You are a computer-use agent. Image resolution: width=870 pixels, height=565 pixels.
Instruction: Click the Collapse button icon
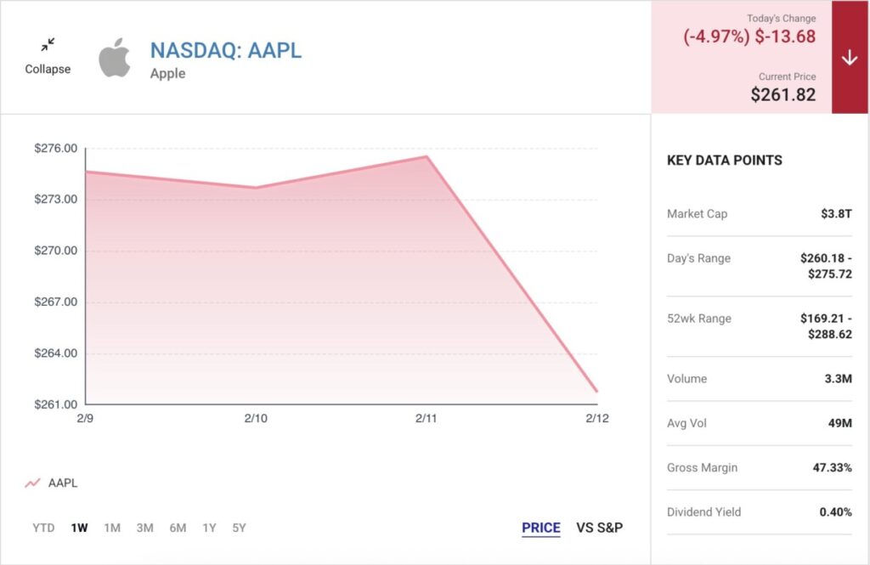click(x=48, y=43)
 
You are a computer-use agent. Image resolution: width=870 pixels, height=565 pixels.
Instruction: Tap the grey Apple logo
click(x=115, y=58)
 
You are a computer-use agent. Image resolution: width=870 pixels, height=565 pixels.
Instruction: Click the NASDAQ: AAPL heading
click(x=226, y=50)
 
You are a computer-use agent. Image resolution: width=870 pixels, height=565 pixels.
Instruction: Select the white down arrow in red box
click(x=850, y=58)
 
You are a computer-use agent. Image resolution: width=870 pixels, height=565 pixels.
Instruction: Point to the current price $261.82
click(x=782, y=94)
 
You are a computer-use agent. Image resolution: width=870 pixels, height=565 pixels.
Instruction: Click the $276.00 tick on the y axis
click(x=56, y=149)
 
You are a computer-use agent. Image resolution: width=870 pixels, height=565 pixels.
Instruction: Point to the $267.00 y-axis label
click(x=56, y=302)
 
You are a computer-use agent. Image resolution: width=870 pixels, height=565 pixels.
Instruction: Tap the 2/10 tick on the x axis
click(x=256, y=419)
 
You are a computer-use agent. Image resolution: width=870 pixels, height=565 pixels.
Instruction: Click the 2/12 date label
click(x=597, y=419)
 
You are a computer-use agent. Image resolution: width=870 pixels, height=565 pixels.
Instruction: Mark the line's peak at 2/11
click(x=427, y=156)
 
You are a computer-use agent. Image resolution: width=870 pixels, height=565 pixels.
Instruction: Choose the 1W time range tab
click(x=79, y=528)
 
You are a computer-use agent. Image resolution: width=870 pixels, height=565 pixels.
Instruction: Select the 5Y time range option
click(x=239, y=528)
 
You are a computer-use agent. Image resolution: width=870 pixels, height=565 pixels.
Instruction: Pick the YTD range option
click(x=43, y=528)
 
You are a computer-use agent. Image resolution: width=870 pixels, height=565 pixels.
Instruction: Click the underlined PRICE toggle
click(x=541, y=528)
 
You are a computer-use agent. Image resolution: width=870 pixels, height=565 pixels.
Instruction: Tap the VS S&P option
click(x=599, y=528)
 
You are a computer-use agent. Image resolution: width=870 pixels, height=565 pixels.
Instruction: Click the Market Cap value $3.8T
click(x=836, y=214)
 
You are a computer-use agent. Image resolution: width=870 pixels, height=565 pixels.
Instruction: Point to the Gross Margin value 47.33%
click(x=828, y=467)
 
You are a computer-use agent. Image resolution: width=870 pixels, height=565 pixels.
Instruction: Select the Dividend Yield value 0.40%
click(x=835, y=511)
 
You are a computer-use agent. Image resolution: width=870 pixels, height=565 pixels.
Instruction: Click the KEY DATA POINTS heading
click(x=725, y=160)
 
